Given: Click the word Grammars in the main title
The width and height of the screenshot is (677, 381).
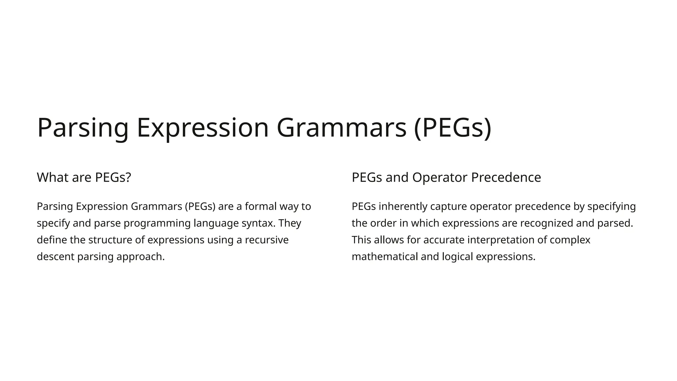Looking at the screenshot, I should click(341, 128).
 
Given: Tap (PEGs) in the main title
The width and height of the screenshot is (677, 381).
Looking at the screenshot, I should click(453, 128).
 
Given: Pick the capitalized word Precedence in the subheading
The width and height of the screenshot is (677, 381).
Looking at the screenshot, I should click(506, 177).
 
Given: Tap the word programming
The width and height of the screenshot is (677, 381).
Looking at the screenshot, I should click(157, 223).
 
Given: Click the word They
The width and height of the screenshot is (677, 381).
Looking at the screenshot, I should click(290, 223).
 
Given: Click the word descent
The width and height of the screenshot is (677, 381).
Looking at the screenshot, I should click(56, 257).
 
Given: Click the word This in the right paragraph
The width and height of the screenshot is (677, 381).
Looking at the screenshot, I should click(361, 240).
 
